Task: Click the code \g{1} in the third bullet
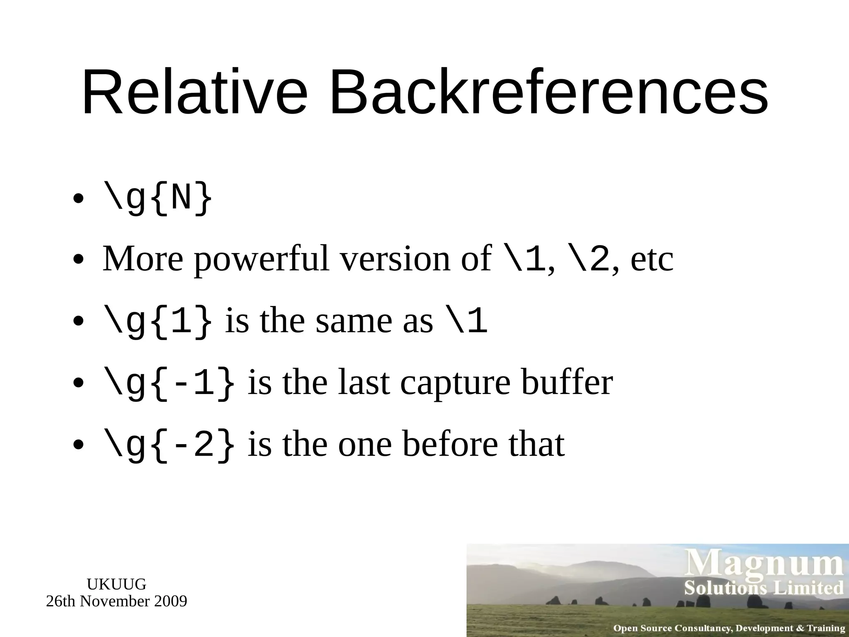tap(158, 321)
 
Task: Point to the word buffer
tap(567, 382)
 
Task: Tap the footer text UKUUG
tap(116, 584)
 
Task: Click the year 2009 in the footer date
tap(170, 601)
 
